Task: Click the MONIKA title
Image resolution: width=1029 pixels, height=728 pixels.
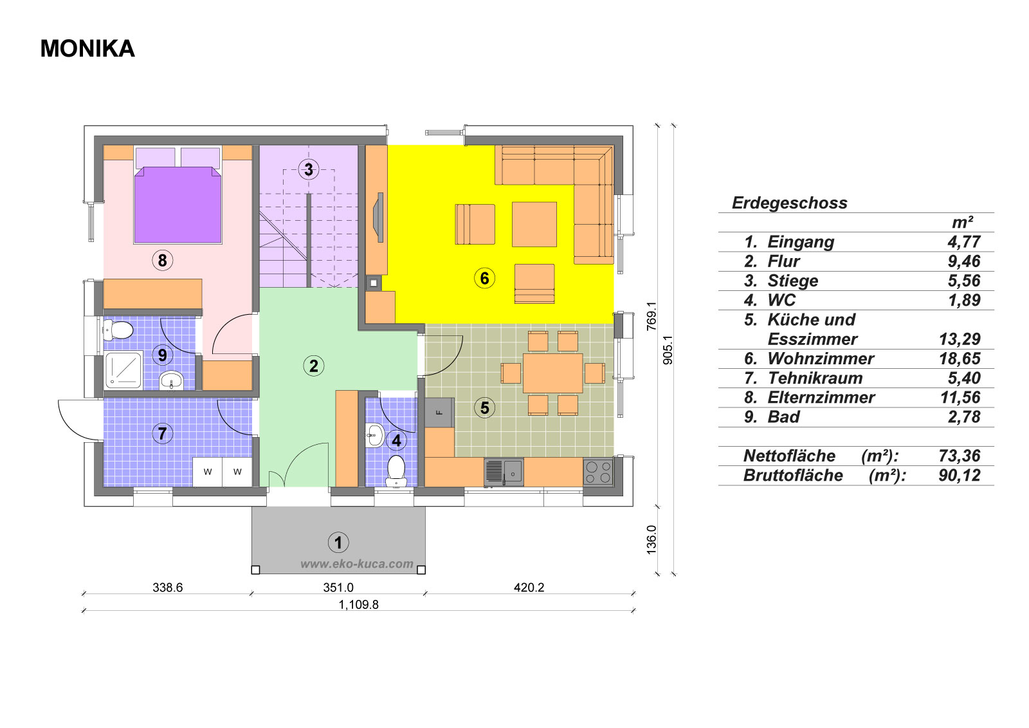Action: tap(87, 48)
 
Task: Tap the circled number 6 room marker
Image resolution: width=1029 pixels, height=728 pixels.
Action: tap(484, 278)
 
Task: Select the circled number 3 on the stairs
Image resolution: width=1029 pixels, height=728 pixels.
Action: tap(309, 169)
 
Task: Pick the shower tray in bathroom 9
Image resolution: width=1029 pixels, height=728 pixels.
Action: tap(123, 370)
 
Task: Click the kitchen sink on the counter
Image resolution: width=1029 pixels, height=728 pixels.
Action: tap(504, 472)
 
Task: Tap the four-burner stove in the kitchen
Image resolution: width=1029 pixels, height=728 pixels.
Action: tap(598, 472)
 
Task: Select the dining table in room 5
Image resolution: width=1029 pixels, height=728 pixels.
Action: tap(552, 373)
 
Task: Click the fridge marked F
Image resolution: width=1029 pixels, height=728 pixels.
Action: tap(439, 413)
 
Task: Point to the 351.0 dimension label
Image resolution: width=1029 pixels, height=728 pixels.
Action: tap(338, 587)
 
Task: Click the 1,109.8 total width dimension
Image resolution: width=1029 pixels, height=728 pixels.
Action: tap(358, 604)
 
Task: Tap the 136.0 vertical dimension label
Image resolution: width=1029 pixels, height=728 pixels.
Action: tap(651, 539)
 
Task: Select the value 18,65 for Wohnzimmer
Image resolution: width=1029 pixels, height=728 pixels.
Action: tap(960, 359)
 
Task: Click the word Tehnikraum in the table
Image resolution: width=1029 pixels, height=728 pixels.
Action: tap(815, 378)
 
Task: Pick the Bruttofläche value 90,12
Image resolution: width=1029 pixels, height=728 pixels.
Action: tap(960, 475)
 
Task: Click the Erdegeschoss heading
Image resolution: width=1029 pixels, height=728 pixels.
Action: tap(789, 203)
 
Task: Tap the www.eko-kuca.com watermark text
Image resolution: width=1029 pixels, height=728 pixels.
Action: tap(357, 564)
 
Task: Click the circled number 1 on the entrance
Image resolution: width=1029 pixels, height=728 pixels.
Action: tap(338, 543)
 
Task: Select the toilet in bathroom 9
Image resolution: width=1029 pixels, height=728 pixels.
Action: tap(118, 330)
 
